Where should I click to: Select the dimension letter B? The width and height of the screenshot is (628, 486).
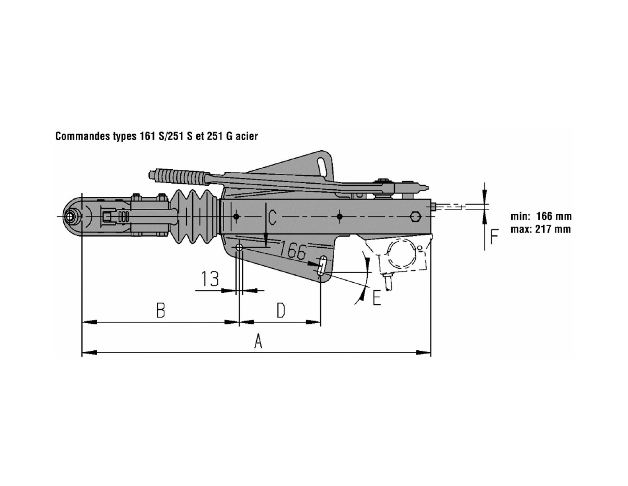coord(161,310)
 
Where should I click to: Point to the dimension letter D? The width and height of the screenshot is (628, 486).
coord(281,310)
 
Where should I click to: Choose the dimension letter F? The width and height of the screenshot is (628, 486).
coord(494,236)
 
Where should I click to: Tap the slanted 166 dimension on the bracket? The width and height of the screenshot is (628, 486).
coord(292,250)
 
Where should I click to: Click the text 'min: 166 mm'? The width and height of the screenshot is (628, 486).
coord(541,216)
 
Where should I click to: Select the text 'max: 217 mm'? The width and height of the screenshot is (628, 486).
coord(541,229)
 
